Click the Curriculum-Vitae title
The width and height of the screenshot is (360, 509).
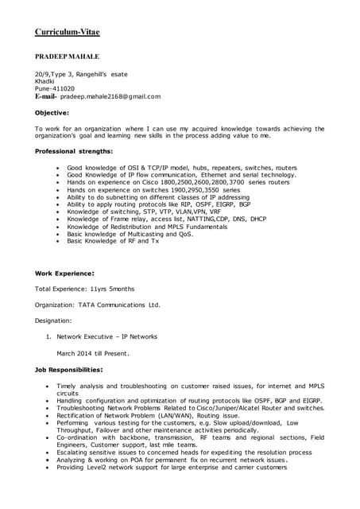click(x=67, y=32)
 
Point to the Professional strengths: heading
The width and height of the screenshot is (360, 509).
click(x=74, y=151)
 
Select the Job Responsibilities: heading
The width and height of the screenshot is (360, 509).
click(x=68, y=369)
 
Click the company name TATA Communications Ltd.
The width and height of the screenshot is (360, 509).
click(x=119, y=305)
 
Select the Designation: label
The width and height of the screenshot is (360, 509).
click(x=53, y=321)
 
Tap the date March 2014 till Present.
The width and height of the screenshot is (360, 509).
click(x=92, y=352)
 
